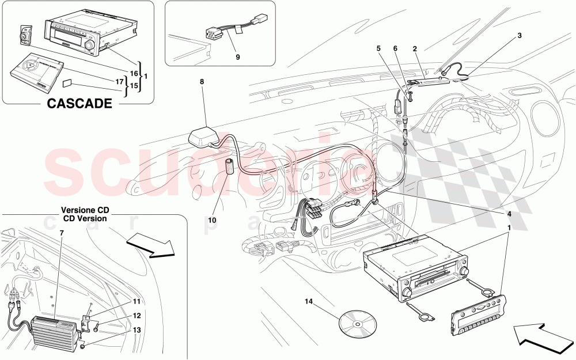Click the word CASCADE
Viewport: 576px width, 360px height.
tap(78, 104)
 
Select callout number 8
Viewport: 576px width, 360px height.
tap(202, 82)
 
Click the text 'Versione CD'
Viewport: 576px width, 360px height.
tap(84, 211)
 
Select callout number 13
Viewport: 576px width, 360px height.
tap(136, 330)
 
